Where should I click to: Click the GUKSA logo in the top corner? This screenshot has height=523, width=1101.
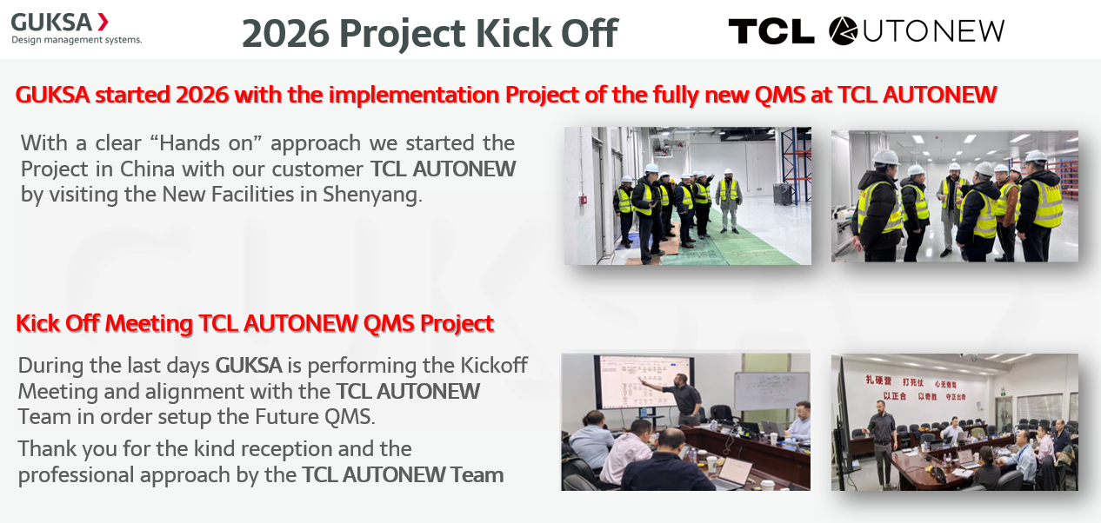(52, 22)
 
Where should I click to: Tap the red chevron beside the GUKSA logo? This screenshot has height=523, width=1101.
(103, 22)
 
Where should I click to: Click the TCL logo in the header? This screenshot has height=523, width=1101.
(771, 31)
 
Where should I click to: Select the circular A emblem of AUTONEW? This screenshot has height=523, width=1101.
(843, 31)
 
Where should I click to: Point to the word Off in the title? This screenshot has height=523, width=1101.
(589, 33)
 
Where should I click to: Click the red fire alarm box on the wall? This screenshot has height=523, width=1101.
(584, 199)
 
